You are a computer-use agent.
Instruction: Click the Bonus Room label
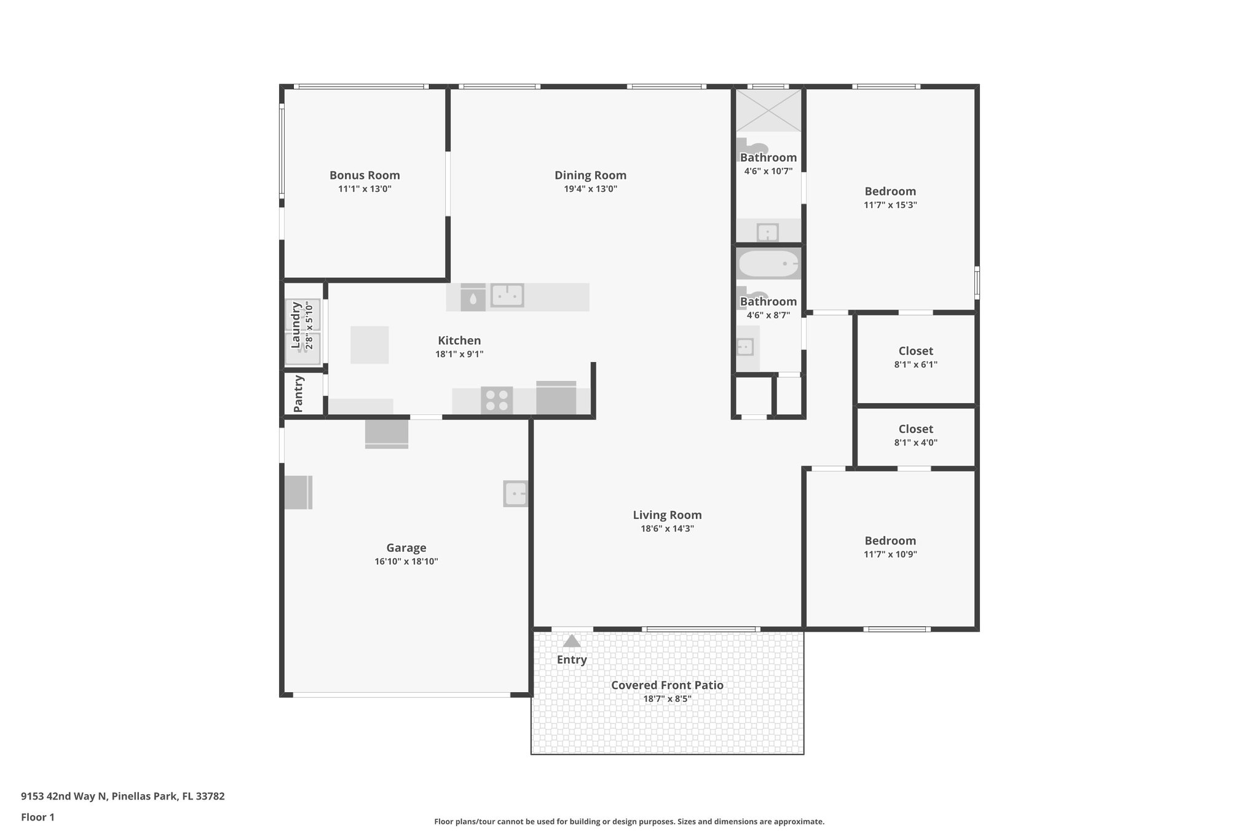click(365, 175)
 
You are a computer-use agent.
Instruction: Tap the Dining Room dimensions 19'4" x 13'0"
click(590, 189)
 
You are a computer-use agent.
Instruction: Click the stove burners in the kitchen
click(497, 400)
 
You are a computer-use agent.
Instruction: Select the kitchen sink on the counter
click(507, 296)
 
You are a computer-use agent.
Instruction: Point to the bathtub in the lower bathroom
click(768, 264)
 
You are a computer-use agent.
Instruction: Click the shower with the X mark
click(768, 110)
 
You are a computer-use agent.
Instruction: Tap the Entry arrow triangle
click(572, 642)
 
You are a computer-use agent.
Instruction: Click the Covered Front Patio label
click(667, 685)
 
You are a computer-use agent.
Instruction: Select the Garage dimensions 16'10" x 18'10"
click(406, 562)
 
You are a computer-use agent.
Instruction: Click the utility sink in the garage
click(515, 494)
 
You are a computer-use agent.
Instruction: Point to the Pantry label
click(299, 393)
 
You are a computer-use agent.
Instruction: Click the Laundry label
click(296, 325)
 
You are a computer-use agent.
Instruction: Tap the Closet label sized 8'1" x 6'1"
click(915, 351)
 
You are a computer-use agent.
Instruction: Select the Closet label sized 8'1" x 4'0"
click(915, 429)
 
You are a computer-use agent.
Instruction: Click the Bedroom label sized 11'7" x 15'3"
click(890, 191)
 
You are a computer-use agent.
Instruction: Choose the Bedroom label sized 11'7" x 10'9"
click(890, 541)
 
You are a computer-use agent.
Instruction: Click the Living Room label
click(667, 515)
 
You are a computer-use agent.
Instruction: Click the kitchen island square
click(369, 345)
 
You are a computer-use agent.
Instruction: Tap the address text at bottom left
click(123, 796)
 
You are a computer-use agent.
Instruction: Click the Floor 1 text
click(37, 817)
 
